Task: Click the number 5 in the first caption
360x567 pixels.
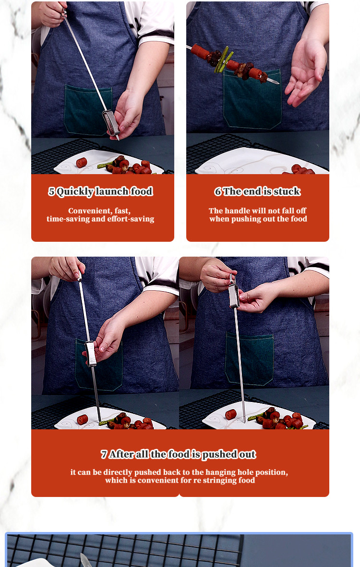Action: [x=51, y=191]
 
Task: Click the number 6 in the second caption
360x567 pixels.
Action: [x=217, y=191]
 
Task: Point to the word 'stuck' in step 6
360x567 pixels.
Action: [x=287, y=191]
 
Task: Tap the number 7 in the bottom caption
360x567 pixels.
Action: [x=104, y=454]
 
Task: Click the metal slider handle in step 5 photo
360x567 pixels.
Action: [x=111, y=123]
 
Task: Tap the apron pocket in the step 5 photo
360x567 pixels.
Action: [x=88, y=109]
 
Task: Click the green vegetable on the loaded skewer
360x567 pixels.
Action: [x=221, y=59]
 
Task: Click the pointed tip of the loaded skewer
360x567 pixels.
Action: [x=278, y=83]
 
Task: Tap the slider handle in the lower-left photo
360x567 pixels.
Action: [x=90, y=353]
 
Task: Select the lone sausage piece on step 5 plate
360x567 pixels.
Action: [x=82, y=163]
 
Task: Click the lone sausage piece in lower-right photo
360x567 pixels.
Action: [x=231, y=414]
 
